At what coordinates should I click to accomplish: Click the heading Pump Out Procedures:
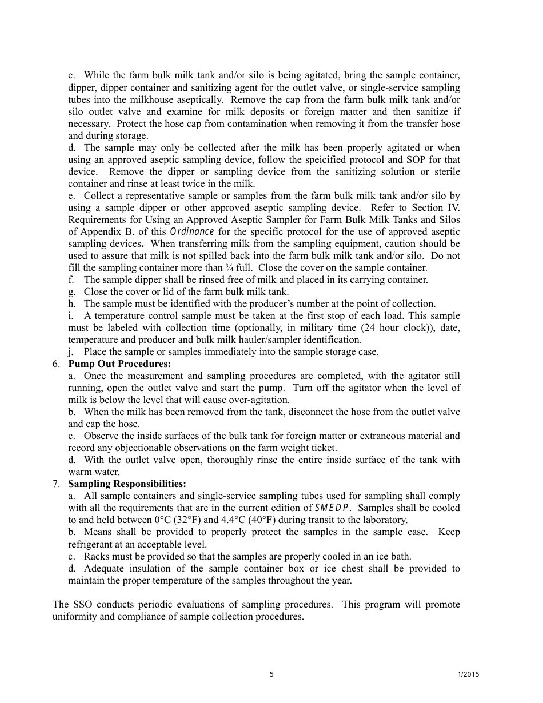coord(119,364)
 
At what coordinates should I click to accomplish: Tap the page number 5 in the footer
coord(271,674)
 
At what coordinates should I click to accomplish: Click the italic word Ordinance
coord(192,231)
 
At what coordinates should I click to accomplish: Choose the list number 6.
coord(55,364)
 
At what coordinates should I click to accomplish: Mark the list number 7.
coord(55,484)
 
